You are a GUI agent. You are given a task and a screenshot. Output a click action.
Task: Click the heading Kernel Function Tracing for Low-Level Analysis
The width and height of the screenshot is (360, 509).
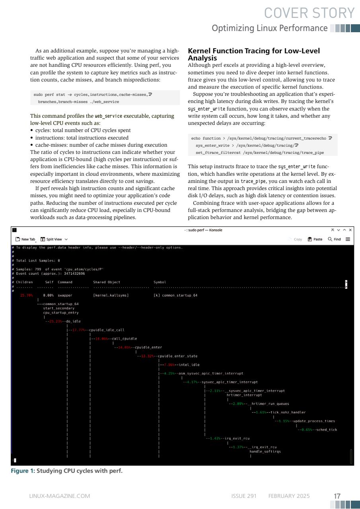254,54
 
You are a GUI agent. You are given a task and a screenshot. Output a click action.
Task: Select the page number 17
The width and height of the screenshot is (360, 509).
337,496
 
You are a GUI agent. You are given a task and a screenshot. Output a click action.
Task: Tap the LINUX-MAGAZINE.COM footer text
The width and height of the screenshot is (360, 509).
60,496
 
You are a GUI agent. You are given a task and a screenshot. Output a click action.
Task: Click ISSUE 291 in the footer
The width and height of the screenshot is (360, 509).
244,496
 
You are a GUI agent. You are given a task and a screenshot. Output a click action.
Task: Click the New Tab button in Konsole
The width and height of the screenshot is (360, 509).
25,239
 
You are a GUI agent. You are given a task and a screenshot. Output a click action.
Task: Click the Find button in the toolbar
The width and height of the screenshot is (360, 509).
334,239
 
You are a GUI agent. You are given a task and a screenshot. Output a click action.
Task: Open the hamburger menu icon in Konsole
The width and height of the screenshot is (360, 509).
348,239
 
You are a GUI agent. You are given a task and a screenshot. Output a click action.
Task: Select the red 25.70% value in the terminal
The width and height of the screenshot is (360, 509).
26,295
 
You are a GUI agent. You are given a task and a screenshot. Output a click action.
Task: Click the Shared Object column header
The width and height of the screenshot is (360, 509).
106,282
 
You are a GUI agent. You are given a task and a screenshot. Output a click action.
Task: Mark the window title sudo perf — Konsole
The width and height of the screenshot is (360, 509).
203,230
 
